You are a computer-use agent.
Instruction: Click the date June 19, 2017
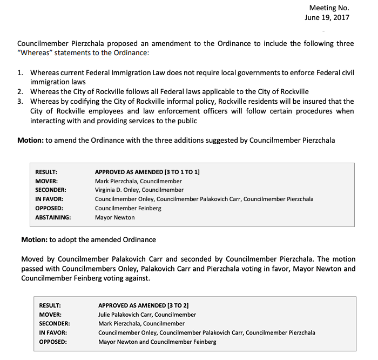(327, 17)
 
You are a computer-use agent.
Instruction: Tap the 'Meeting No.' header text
(329, 8)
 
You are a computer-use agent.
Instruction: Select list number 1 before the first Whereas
(20, 72)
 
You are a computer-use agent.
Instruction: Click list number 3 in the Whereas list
(20, 101)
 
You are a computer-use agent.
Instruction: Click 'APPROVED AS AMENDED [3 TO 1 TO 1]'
(147, 172)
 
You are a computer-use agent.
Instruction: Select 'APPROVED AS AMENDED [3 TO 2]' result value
(143, 305)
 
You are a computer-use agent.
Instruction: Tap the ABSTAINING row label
(53, 217)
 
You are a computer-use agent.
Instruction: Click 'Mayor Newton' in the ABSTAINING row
(114, 217)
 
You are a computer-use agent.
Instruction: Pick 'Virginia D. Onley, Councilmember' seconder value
(139, 190)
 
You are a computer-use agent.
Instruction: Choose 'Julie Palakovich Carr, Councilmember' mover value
(147, 314)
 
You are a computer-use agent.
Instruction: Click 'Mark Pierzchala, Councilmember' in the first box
(138, 181)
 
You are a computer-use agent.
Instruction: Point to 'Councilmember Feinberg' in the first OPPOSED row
(128, 208)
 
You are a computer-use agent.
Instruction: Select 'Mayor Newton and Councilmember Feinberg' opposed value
(157, 342)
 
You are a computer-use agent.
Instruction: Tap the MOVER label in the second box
(50, 314)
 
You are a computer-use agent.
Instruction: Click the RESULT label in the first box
(46, 172)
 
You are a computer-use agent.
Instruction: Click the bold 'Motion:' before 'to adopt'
(34, 239)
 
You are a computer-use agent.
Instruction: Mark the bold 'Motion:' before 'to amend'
(30, 140)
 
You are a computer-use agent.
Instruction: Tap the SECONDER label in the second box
(55, 323)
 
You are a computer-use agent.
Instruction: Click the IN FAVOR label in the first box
(49, 199)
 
